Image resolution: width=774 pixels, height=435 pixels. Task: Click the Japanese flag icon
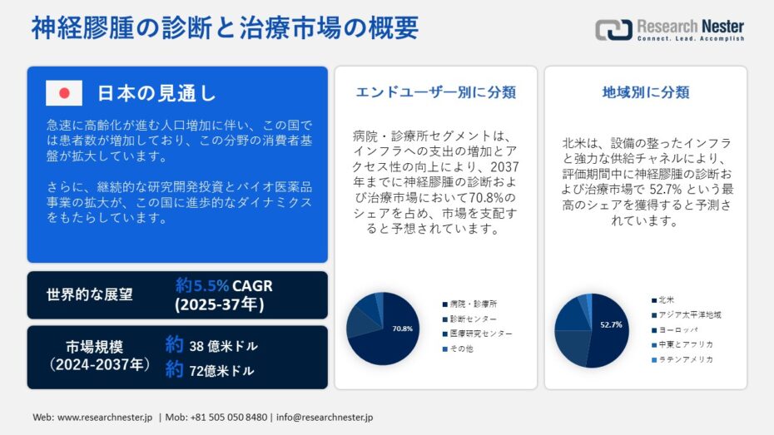[x=64, y=92]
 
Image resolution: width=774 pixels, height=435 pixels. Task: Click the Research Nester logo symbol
[x=613, y=30]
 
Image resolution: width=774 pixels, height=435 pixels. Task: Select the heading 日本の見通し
[x=156, y=93]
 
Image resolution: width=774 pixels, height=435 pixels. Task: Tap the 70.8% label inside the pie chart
[x=402, y=329]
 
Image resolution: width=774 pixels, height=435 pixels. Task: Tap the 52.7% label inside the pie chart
[x=611, y=324]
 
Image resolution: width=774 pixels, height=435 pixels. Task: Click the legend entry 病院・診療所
[x=470, y=304]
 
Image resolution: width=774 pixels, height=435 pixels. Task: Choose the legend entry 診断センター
[x=470, y=319]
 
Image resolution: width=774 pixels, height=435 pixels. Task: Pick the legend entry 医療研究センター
[x=478, y=334]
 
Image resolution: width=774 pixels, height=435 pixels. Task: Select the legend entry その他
[x=458, y=348]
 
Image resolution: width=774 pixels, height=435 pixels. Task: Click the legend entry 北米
[x=663, y=300]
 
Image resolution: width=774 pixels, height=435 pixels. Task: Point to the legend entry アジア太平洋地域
[x=687, y=314]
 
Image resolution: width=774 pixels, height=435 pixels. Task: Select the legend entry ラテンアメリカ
[x=682, y=359]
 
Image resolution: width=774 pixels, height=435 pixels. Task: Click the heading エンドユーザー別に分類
[x=435, y=92]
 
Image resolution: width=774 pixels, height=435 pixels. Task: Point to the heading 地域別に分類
[x=646, y=92]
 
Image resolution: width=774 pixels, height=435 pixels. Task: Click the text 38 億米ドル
[x=223, y=346]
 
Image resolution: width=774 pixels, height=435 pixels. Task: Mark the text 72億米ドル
[x=221, y=371]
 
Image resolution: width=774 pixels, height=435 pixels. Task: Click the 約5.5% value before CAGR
[x=202, y=285]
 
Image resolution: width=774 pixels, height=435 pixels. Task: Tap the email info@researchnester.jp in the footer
[x=325, y=418]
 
